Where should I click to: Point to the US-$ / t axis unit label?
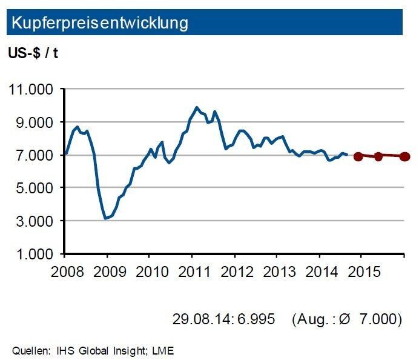[x=33, y=53]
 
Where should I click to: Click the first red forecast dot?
[x=358, y=156]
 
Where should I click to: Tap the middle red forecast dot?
[x=379, y=156]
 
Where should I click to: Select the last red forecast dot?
[x=404, y=156]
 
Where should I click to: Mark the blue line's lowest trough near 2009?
[x=105, y=218]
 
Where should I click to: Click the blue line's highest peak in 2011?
[x=196, y=107]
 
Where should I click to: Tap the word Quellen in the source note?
[x=26, y=350]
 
